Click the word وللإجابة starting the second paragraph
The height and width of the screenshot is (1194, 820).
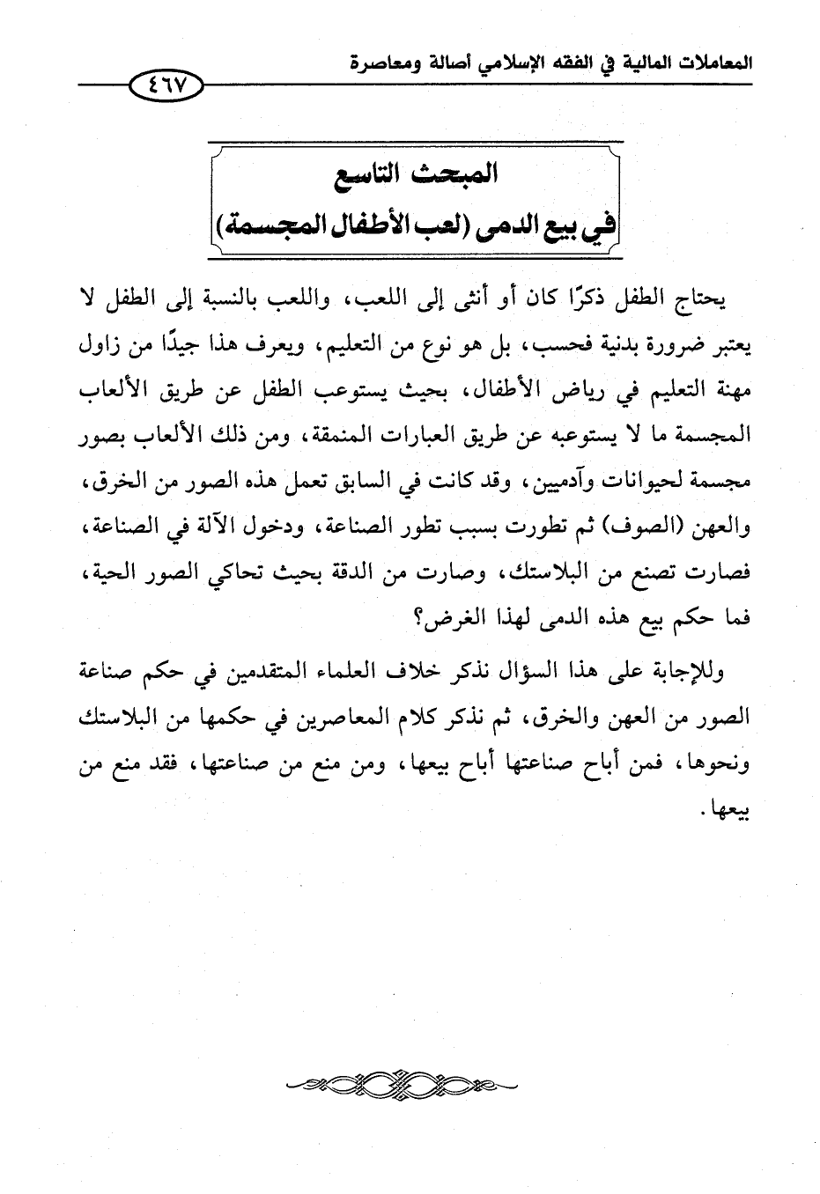pos(691,674)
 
